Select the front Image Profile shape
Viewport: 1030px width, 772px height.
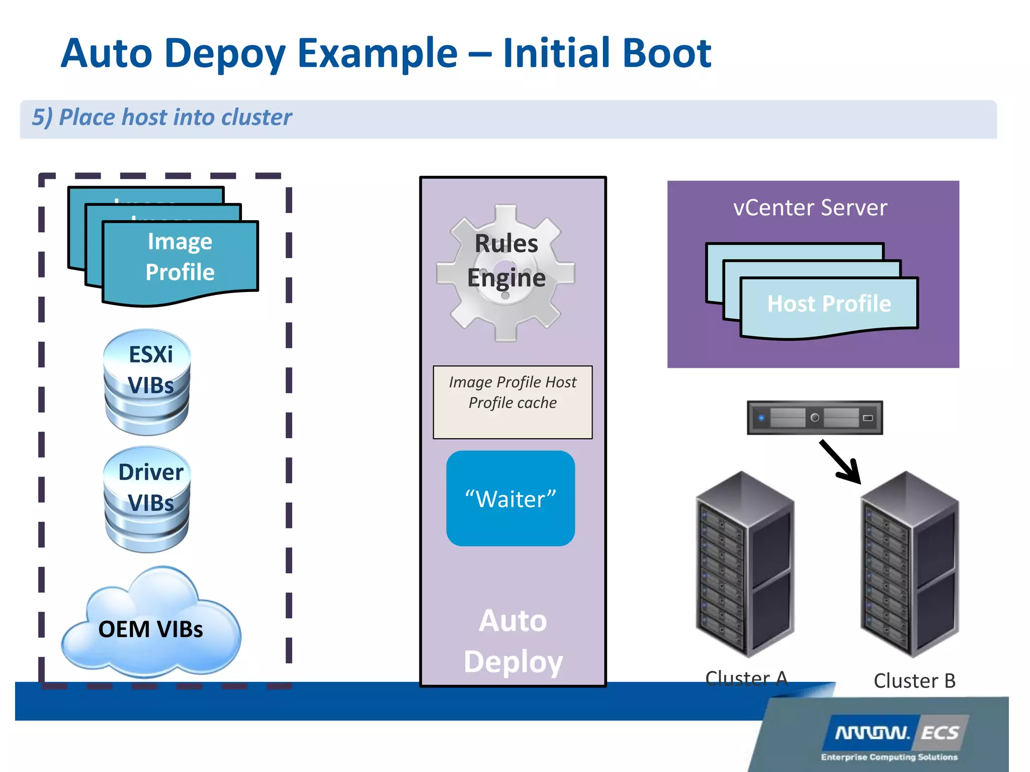(180, 259)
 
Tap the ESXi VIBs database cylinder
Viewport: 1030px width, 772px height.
(147, 382)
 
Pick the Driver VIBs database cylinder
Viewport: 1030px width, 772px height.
(147, 500)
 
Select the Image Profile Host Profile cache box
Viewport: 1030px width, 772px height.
(512, 402)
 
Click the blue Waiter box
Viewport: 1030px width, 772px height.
(510, 499)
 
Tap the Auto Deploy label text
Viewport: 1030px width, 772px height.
(513, 641)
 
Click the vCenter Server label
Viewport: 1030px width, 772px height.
(810, 208)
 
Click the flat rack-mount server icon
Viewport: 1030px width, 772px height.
(815, 417)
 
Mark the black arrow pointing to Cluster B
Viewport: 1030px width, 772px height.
(840, 461)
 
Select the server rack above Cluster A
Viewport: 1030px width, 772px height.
(745, 563)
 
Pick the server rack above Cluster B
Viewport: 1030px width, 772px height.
(909, 563)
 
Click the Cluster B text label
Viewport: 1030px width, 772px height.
(914, 681)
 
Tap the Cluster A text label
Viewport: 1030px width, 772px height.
(746, 679)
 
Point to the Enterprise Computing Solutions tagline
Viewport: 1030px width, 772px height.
(889, 757)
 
